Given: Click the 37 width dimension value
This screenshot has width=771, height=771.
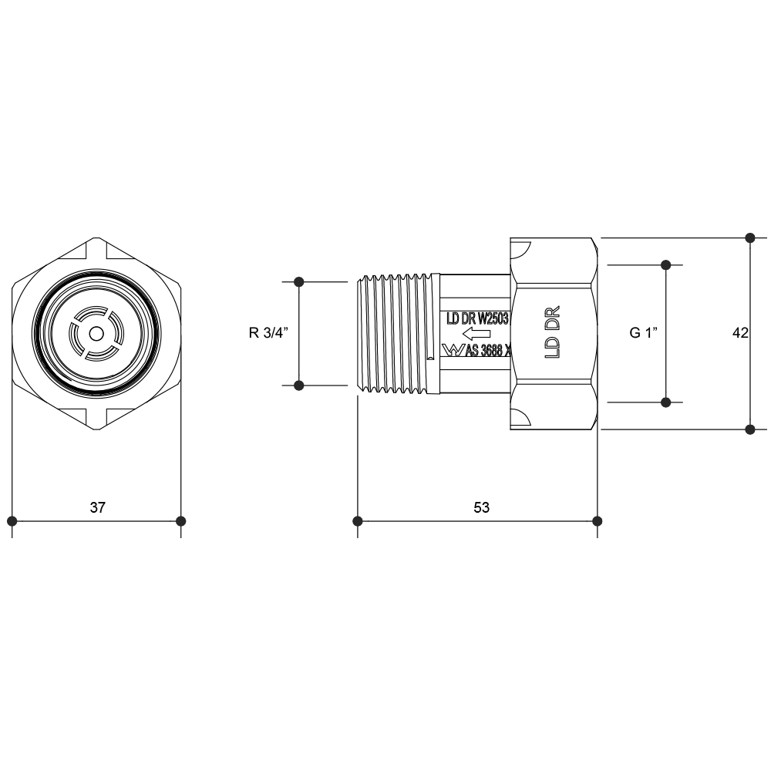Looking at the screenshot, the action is coord(97,507).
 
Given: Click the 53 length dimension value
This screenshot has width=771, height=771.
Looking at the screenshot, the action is coord(481,507).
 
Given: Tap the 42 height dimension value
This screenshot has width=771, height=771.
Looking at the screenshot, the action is coord(740,333).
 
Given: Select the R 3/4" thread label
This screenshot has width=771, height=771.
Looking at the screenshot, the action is coord(268,333).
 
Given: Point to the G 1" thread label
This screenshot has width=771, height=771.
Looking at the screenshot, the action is coord(644,333).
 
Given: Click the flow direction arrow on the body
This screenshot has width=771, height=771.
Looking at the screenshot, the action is coord(476,335).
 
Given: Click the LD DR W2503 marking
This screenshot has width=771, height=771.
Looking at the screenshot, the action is coord(477,318).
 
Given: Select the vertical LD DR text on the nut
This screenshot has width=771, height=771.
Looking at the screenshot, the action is coord(553,332).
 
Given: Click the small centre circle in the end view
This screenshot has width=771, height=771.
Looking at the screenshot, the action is coord(96,334).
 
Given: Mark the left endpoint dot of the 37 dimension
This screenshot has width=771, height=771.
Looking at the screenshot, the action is coord(12,521).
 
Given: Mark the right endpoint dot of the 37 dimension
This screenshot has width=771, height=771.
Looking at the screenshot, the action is coord(181,521).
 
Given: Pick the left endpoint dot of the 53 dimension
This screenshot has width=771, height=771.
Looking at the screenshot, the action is coord(358,521).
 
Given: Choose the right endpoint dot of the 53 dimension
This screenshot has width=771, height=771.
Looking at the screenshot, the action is coord(598,521).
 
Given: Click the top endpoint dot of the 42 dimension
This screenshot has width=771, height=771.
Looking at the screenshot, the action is coord(750,238).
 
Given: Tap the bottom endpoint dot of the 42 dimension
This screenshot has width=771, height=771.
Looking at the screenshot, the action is coord(750,429).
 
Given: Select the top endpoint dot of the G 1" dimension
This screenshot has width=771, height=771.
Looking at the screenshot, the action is coord(666,265).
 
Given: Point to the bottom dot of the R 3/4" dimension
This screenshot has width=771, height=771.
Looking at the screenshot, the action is coord(299,385).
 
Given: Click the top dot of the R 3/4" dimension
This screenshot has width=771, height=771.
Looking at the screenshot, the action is coord(299,281).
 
